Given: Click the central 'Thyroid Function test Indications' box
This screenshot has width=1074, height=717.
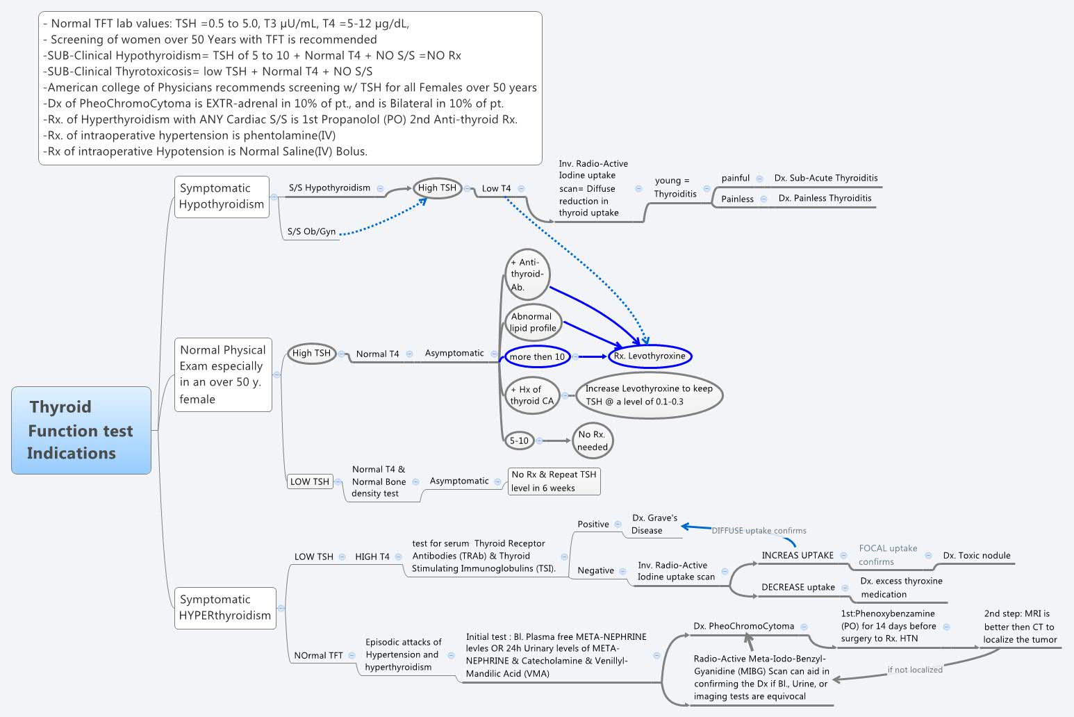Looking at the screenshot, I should pos(81,430).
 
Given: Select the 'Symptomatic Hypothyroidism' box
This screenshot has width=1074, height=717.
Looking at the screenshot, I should pos(222,197).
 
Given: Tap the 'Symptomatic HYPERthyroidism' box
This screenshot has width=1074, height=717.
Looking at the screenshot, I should pos(225,608).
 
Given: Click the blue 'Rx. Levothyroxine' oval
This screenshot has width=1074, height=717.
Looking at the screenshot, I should pos(650,356).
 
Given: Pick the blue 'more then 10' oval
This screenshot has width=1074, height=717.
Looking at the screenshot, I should pos(537,357).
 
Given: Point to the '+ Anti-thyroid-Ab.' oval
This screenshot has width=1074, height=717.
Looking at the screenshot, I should pos(527,274).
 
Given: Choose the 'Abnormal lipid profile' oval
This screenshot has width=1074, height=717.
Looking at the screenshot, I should pos(533,322).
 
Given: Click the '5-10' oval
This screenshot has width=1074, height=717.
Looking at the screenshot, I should pos(519,440).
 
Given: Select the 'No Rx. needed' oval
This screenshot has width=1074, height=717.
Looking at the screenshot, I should pos(592,440).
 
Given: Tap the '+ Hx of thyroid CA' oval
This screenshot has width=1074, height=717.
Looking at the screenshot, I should pos(531,395).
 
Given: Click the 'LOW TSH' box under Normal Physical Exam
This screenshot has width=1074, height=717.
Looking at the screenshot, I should pos(310,481).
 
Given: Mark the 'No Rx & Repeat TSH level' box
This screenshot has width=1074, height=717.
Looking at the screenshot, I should pos(554,481).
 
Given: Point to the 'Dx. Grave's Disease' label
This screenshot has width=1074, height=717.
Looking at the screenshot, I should pos(654,525).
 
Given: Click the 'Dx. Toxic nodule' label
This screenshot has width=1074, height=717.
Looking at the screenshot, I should pos(976,556).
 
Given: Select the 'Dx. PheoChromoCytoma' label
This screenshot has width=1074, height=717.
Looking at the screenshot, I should pos(743,627).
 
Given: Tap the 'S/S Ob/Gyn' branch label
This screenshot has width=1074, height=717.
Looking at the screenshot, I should pos(311,232).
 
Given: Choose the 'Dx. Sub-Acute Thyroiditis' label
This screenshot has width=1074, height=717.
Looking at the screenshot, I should pos(826,178).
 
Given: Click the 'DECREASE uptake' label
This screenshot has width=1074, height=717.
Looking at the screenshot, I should pos(798,588).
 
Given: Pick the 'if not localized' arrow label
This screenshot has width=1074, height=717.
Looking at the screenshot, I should pos(915,670).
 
